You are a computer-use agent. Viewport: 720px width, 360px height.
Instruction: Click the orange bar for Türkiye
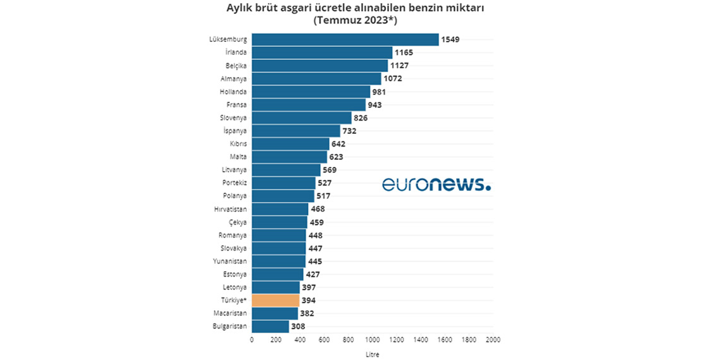pos(275,300)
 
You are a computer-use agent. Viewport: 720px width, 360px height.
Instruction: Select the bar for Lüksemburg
pos(345,39)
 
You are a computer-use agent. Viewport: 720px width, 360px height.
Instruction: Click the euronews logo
pos(436,184)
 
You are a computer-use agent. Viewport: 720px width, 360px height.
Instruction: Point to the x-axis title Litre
pos(372,354)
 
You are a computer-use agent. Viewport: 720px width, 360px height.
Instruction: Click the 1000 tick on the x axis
pos(372,340)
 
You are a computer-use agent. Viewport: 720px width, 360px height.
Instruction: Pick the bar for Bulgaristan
pos(270,327)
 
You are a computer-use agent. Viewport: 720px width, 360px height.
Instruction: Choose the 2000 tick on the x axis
pos(493,340)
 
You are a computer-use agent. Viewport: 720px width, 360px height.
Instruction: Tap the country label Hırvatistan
pos(231,209)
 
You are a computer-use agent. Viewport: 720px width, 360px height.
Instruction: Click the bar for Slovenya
pos(301,117)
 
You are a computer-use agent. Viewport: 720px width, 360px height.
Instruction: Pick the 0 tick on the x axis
pos(252,340)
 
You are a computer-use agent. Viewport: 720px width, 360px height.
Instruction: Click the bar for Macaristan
pos(275,313)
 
